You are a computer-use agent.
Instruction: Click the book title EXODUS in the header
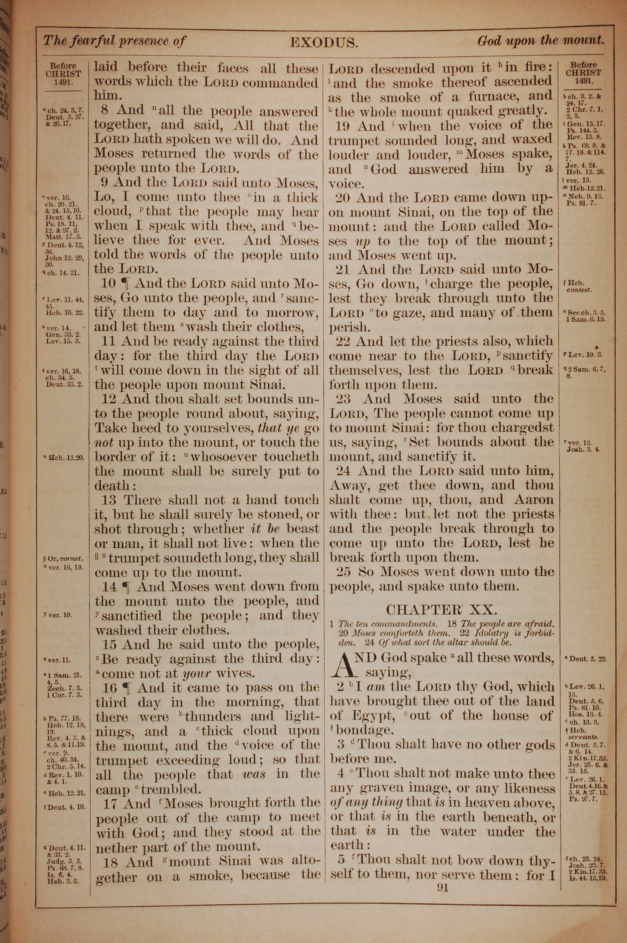point(323,42)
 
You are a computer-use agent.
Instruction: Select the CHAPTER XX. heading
point(441,610)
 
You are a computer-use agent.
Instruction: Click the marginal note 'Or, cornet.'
point(66,558)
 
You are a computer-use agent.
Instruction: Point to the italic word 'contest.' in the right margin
point(579,290)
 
